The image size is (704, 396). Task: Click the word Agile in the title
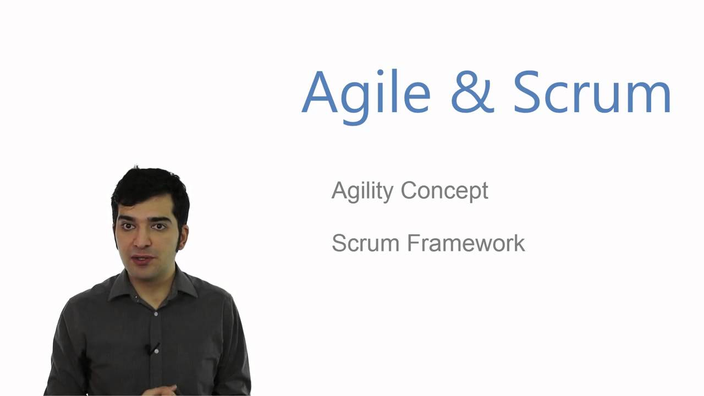(x=366, y=92)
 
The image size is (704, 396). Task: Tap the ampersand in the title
(x=472, y=92)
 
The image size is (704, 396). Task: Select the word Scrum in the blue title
(x=592, y=92)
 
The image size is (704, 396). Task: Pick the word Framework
(x=466, y=243)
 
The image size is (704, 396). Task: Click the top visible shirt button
(x=156, y=313)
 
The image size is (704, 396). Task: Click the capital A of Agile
(x=320, y=92)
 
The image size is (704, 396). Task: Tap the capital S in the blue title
(x=529, y=92)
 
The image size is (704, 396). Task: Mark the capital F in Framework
(x=413, y=243)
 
